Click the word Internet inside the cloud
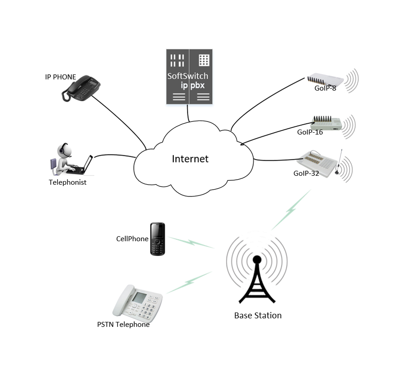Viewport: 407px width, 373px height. coord(190,159)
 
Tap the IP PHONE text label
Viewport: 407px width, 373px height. coord(60,77)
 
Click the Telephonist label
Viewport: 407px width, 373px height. coord(67,182)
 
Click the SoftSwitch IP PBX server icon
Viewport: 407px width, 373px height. coord(189,77)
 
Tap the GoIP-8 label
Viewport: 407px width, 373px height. coord(325,89)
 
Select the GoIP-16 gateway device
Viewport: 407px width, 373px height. coord(326,123)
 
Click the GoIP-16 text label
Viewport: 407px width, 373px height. coord(310,133)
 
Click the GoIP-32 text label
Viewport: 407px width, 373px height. coord(306,173)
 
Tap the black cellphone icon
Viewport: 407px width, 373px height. coord(157,239)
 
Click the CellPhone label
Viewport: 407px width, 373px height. coord(132,238)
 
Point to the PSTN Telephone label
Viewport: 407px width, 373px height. coord(123,324)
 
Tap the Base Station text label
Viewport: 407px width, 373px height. coord(258,315)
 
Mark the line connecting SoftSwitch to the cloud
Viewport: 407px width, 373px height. coord(188,113)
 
